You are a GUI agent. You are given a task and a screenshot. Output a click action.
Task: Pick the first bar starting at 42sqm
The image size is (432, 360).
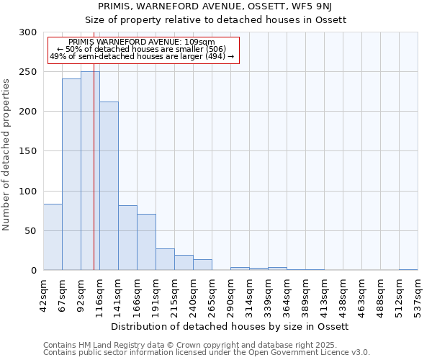[x=53, y=237]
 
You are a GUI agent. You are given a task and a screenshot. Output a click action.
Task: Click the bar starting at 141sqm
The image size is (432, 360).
[x=127, y=238]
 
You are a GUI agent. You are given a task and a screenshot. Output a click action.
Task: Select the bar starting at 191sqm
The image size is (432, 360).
[x=165, y=259]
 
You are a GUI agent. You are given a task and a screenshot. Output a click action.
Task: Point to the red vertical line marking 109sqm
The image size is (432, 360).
[x=94, y=144]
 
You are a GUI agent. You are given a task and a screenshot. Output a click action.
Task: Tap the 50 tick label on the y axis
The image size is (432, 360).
[x=31, y=231]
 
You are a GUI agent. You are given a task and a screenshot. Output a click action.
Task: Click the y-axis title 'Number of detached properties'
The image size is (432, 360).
[x=6, y=155]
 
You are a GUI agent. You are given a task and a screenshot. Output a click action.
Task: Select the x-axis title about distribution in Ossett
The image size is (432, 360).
[x=230, y=326]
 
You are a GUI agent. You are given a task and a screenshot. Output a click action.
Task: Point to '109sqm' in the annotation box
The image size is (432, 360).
[x=199, y=42]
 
